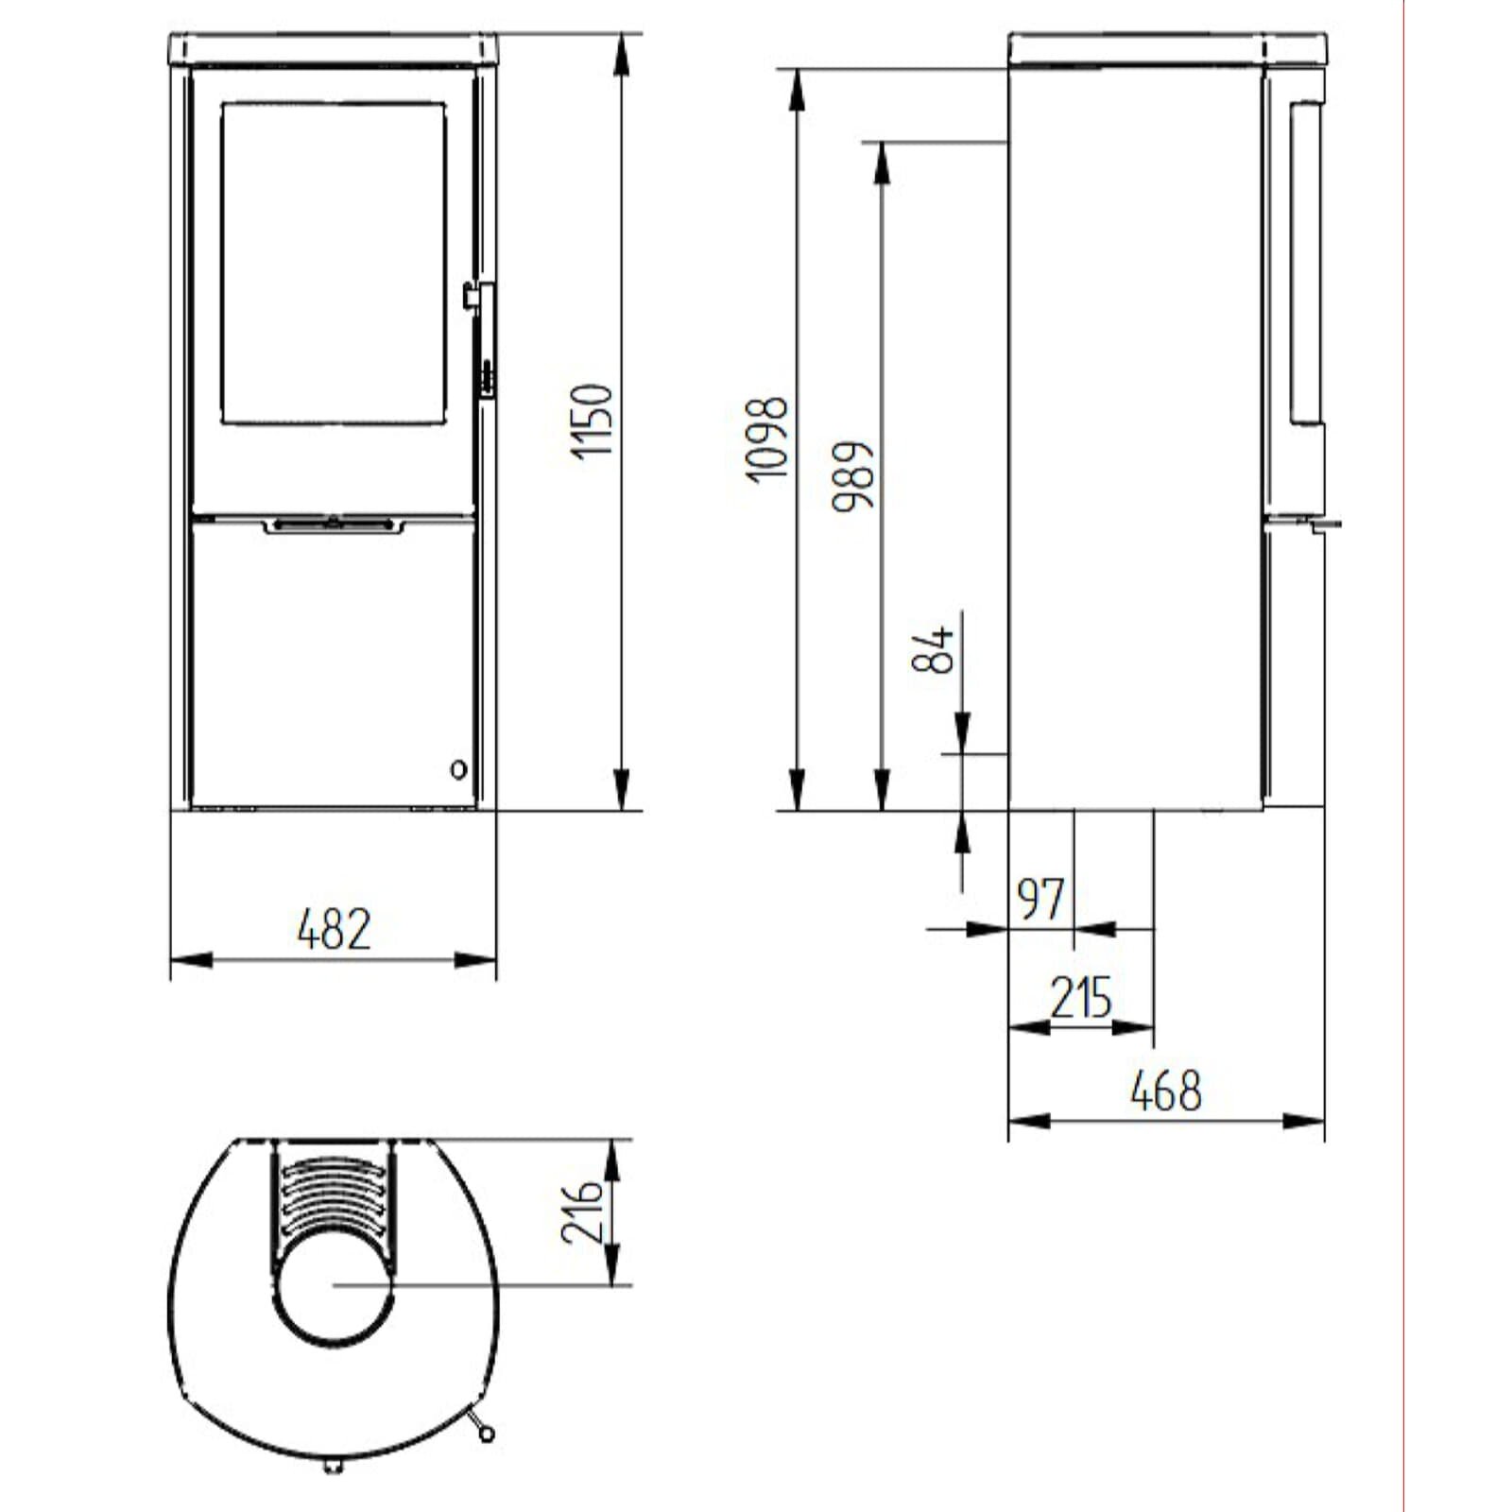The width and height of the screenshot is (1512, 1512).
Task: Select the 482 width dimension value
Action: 334,929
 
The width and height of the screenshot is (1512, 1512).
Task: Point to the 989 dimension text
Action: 853,475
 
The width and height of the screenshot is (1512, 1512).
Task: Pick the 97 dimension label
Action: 1040,899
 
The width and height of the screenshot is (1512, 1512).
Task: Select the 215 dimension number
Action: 1081,998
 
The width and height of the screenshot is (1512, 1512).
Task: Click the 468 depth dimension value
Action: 1166,1091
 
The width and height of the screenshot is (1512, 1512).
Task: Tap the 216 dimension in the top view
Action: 581,1211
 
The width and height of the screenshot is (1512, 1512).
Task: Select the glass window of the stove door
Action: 333,263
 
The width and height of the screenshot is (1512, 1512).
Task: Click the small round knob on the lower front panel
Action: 458,770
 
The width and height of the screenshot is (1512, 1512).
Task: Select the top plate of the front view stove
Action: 333,49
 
